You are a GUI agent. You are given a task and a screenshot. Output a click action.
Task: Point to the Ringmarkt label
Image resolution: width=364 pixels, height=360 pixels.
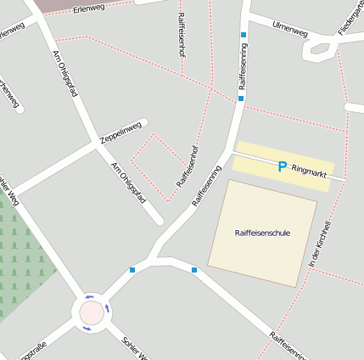pos(308,169)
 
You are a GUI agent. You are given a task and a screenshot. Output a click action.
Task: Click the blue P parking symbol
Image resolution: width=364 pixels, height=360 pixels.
pos(282,167)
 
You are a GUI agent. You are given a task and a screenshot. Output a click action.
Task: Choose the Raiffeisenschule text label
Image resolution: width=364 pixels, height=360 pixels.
pos(261,232)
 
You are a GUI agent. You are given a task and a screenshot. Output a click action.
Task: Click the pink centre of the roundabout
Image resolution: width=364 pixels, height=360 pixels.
pos(91,313)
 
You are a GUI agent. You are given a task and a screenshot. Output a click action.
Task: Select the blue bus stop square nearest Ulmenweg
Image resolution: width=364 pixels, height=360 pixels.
pos(244,36)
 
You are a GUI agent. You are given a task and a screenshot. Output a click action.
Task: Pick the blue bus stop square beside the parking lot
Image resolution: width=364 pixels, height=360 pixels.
pos(241,98)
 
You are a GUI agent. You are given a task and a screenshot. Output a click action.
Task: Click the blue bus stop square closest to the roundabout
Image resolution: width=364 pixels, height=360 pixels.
pos(132,270)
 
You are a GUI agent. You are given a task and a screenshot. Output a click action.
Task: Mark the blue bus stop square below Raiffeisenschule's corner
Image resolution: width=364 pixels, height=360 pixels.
pos(194,270)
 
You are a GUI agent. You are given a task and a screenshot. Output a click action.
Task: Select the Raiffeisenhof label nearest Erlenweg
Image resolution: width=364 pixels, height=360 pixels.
pos(182,34)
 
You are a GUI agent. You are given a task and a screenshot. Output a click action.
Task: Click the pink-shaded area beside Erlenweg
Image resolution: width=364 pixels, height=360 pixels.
pos(59,4)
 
